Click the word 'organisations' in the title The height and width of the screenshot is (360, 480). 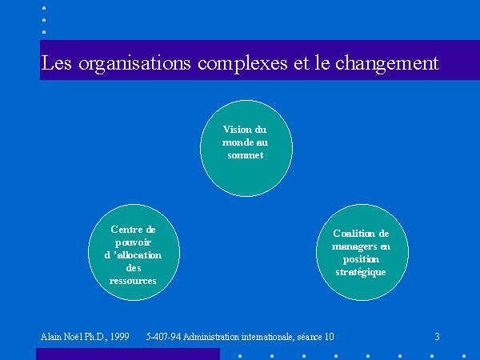pyautogui.click(x=134, y=64)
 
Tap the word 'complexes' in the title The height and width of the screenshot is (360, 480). pyautogui.click(x=242, y=64)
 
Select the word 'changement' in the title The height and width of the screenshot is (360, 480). pyautogui.click(x=387, y=64)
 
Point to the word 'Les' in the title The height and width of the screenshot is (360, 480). pyautogui.click(x=56, y=62)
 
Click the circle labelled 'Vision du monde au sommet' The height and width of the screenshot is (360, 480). pyautogui.click(x=246, y=148)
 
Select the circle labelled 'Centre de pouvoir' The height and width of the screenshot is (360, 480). pyautogui.click(x=134, y=252)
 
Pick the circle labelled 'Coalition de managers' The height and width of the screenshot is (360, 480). pyautogui.click(x=362, y=252)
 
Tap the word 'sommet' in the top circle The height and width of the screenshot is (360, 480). pyautogui.click(x=246, y=155)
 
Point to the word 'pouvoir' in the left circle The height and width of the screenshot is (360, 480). pyautogui.click(x=133, y=242)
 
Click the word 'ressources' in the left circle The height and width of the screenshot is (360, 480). pyautogui.click(x=133, y=281)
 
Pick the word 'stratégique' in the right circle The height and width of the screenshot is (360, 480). pyautogui.click(x=361, y=272)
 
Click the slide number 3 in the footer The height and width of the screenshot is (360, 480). pyautogui.click(x=437, y=337)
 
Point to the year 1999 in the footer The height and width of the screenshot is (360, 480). pyautogui.click(x=120, y=337)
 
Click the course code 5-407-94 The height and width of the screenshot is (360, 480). pyautogui.click(x=163, y=337)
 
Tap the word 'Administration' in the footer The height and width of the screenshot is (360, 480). pyautogui.click(x=211, y=337)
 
